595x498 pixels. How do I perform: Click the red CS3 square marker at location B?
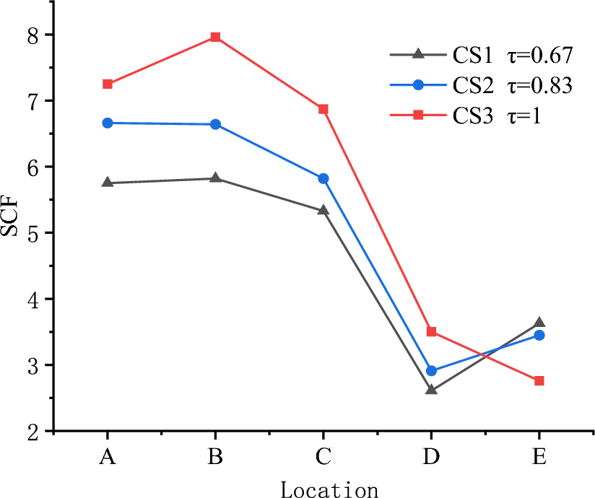pos(215,37)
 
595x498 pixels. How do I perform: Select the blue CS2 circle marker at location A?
pos(108,123)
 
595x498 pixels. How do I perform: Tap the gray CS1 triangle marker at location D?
pos(431,390)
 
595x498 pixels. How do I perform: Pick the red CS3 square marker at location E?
pos(539,380)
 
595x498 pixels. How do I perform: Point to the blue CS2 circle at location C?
pos(323,178)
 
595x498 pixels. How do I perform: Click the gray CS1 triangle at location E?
pos(539,323)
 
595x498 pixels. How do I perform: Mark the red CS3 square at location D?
pos(431,331)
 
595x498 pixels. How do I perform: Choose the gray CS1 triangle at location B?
pos(215,178)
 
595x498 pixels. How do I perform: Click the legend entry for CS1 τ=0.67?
pos(481,54)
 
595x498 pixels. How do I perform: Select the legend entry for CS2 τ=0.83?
pos(481,85)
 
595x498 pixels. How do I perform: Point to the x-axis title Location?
pos(329,489)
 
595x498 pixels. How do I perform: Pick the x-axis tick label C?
pos(323,457)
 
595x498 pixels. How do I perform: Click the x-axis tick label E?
pos(539,457)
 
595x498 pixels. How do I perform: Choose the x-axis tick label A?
pos(108,457)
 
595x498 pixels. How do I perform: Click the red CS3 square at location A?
pos(108,84)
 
